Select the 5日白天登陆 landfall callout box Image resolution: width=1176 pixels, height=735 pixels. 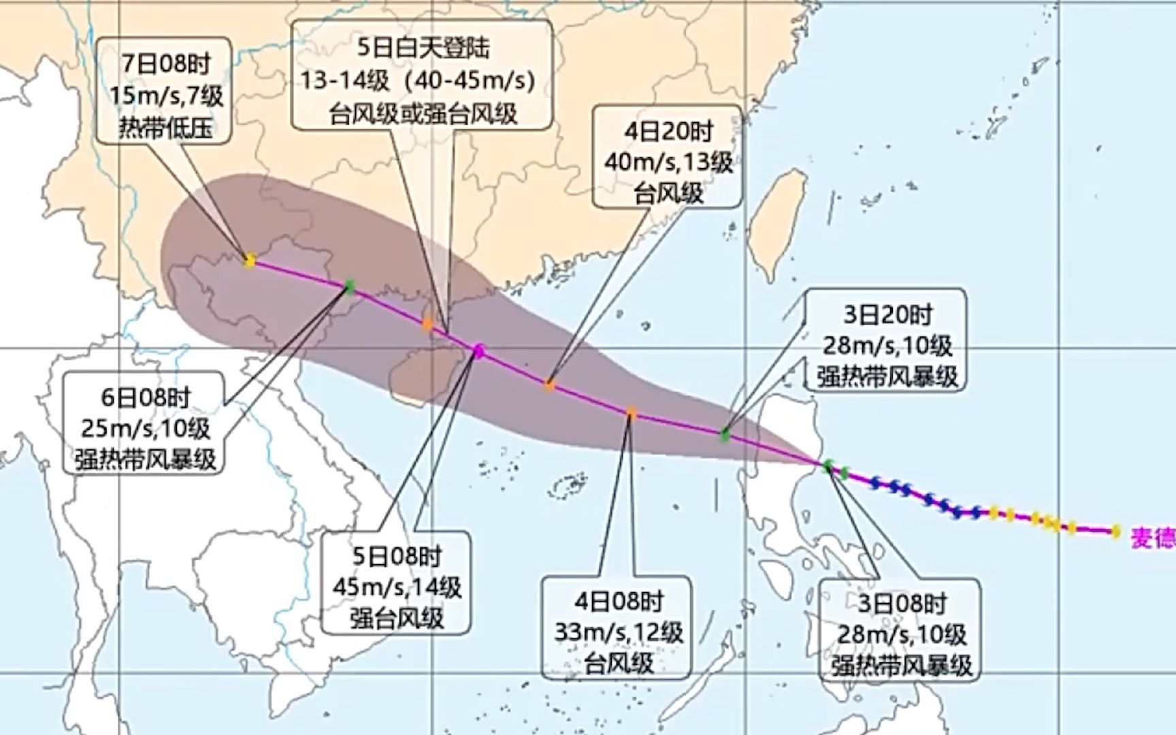click(422, 75)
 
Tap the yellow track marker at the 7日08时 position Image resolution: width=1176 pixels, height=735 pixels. click(249, 260)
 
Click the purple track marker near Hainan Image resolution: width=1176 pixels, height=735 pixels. click(478, 350)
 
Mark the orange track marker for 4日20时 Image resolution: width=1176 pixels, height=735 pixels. click(549, 385)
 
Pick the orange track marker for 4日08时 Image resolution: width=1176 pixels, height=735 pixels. click(631, 412)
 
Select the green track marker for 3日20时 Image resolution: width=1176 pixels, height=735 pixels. click(725, 434)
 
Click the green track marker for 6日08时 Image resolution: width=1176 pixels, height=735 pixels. click(349, 287)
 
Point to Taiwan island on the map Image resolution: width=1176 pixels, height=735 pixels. click(779, 221)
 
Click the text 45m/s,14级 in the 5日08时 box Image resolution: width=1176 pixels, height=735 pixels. click(397, 587)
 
